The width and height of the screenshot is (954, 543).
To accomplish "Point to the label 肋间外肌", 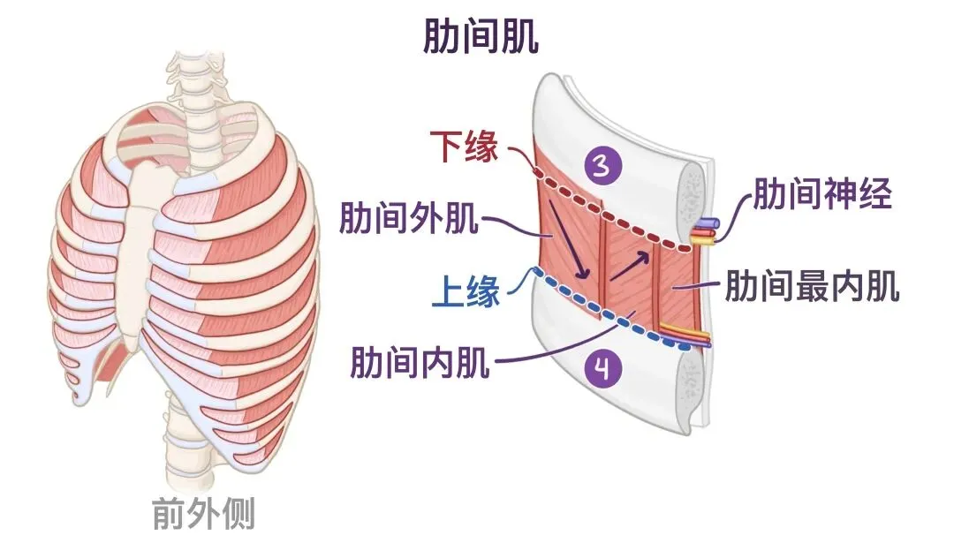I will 409,218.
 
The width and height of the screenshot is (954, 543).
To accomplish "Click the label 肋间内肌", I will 420,361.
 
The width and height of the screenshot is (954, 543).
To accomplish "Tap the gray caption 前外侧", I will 202,512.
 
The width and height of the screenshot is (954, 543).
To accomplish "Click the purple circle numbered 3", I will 602,166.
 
